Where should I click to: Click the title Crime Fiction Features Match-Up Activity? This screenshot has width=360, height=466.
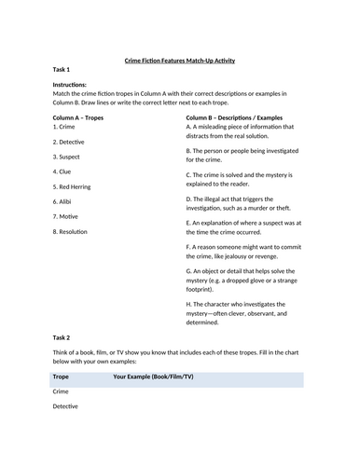180,60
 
